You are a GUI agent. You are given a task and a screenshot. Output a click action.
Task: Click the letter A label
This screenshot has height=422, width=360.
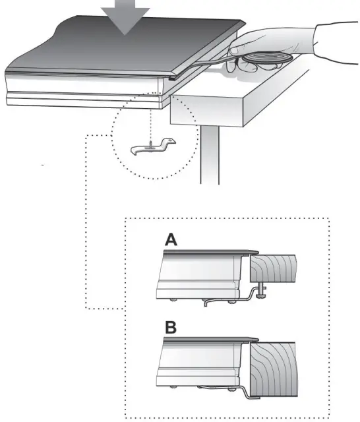171,242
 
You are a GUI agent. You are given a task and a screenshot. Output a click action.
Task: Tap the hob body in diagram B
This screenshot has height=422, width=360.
198,363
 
